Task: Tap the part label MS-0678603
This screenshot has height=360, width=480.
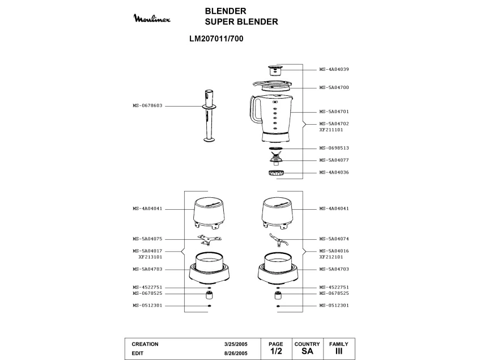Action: click(147, 105)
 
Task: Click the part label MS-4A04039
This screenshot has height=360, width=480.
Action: click(334, 69)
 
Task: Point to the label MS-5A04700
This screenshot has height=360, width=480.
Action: click(334, 88)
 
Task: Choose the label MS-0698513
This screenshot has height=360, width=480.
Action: click(334, 148)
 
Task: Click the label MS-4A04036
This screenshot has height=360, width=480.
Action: click(334, 172)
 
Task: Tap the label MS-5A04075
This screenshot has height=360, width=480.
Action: click(147, 239)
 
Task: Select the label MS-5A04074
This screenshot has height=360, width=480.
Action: click(334, 239)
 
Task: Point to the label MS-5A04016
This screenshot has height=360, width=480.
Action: click(334, 251)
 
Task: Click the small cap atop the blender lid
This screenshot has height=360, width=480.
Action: click(275, 70)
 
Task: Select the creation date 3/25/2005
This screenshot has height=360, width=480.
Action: click(236, 344)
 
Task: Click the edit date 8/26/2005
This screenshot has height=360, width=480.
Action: click(236, 353)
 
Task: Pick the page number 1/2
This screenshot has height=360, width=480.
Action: click(275, 351)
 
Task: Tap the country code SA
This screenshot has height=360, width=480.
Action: click(307, 351)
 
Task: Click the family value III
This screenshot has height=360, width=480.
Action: click(339, 351)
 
